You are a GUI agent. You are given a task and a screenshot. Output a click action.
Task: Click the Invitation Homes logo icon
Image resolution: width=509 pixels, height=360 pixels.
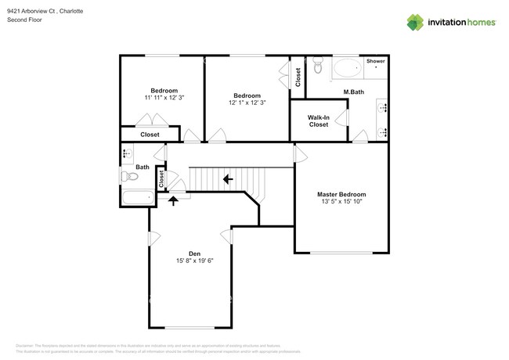pos(416,22)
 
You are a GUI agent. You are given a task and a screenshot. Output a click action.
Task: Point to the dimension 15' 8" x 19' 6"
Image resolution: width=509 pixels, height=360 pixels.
pos(190,261)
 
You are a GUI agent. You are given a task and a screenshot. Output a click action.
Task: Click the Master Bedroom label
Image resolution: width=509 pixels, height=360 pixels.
pos(341,194)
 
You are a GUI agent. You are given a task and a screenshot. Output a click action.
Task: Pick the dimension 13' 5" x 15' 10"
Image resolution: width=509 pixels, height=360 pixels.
pos(341,202)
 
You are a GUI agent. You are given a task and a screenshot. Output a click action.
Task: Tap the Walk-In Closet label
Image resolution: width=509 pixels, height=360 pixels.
pos(318,121)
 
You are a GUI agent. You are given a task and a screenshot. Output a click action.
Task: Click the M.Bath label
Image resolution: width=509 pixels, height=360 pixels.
pos(355,92)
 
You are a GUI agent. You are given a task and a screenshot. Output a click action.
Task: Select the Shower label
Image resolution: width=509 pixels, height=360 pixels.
pos(375,60)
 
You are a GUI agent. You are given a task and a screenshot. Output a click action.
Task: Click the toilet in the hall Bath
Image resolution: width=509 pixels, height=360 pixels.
pos(128,176)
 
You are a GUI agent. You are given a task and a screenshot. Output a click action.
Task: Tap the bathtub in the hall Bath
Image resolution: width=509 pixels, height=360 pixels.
pos(136,197)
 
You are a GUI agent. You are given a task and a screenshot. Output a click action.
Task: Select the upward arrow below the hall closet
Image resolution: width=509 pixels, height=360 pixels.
pos(173,200)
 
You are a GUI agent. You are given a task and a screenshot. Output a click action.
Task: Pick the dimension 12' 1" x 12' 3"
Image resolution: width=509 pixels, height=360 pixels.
pos(247,103)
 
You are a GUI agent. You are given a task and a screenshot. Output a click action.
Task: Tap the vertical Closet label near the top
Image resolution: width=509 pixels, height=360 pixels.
pos(298,77)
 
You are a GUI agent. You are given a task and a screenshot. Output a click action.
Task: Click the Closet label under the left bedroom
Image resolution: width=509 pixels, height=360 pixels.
pos(150,135)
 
